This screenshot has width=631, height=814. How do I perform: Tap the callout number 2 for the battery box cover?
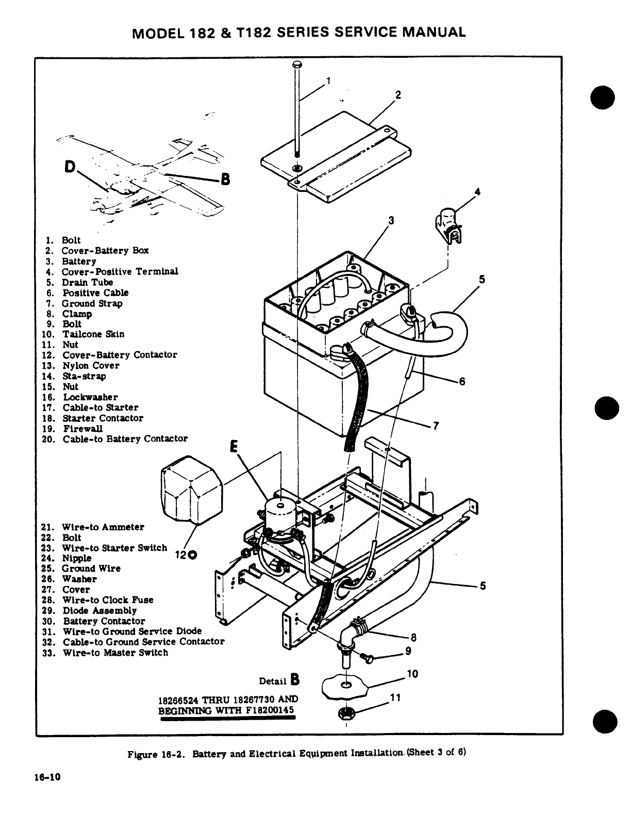397,95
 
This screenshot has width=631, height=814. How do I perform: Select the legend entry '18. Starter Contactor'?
103,418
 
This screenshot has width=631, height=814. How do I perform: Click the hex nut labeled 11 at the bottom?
345,713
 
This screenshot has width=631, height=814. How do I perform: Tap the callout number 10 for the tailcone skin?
412,674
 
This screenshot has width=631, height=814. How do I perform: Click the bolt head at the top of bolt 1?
297,64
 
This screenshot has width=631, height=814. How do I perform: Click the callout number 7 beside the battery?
436,426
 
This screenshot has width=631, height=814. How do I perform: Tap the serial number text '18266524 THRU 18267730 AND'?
227,700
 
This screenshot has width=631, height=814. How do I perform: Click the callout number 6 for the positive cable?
462,381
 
